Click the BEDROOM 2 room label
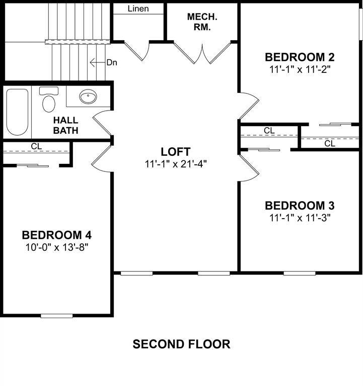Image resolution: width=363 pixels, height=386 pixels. pos(300,56)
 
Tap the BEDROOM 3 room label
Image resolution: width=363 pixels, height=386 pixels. pos(300,206)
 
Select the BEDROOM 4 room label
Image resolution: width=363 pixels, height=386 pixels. pos(56,235)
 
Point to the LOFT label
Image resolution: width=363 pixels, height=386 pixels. pos(176,151)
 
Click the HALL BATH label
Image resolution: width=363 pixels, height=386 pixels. pos(66,125)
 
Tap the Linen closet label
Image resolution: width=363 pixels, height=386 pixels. pos(138,9)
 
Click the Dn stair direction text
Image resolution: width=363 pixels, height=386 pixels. pos(112,62)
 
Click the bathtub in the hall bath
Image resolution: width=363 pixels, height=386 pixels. pos(18,112)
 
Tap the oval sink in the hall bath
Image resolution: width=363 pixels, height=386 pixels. pos(89,97)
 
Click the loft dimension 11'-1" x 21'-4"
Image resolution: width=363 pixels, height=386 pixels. pos(176,163)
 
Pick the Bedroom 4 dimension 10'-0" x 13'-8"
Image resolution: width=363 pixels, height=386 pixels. pos(57,247)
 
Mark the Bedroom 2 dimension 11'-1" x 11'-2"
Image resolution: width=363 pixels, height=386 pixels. pos(300,69)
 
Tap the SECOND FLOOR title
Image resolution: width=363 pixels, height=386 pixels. pos(181,344)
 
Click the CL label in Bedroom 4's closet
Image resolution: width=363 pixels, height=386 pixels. pos(36,146)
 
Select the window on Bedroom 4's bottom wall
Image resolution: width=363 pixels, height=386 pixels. pos(56,316)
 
